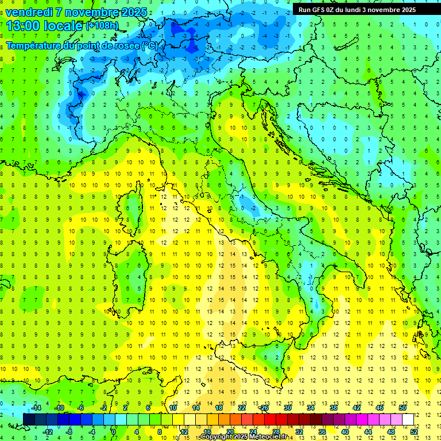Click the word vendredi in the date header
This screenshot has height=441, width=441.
[x=29, y=12]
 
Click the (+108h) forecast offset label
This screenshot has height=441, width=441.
[x=102, y=26]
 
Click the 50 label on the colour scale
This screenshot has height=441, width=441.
[x=403, y=408]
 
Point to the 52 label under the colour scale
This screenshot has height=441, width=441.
[x=414, y=431]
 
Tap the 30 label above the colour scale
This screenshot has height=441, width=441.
[x=288, y=408]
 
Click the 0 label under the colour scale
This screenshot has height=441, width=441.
[x=114, y=431]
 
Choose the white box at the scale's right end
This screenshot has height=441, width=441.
[x=408, y=419]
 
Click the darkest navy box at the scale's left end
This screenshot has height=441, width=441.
[x=29, y=419]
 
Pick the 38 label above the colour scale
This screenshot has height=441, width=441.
[x=334, y=408]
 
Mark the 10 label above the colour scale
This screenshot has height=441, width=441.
[x=173, y=408]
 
